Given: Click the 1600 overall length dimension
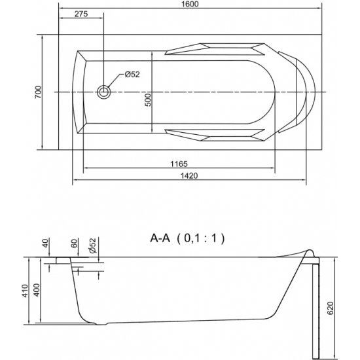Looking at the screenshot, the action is [x=190, y=4].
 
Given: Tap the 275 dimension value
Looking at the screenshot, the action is [x=81, y=14].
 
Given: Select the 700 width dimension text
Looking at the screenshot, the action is [x=39, y=92].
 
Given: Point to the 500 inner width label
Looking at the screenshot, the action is [x=149, y=100].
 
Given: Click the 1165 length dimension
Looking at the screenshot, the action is [x=179, y=164].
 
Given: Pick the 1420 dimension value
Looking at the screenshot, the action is [x=189, y=176].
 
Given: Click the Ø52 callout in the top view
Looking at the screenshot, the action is [x=132, y=75].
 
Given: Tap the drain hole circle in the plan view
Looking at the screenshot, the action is [x=104, y=92].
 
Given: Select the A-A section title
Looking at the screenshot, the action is [x=160, y=238].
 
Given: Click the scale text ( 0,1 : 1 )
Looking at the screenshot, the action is [x=200, y=238].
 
